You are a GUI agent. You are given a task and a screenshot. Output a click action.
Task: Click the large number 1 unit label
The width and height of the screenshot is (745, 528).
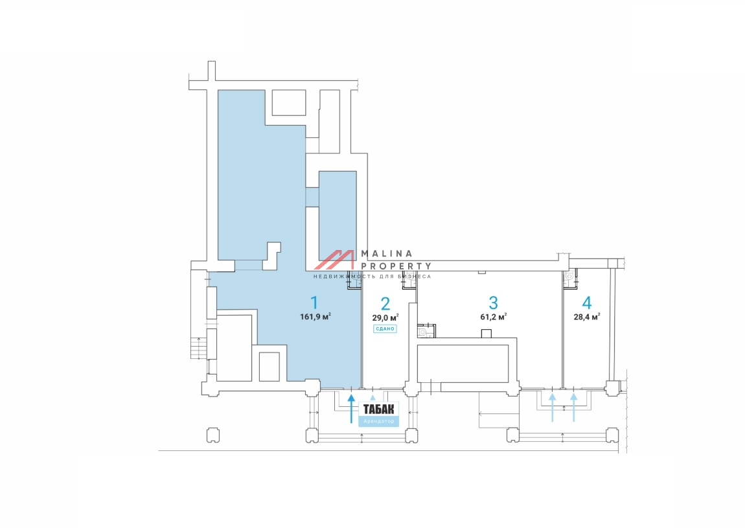tap(315, 302)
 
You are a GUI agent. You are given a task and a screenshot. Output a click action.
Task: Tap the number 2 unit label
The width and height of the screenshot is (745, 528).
tap(385, 303)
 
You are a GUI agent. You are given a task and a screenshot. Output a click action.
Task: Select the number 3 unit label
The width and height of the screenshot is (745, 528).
tap(493, 302)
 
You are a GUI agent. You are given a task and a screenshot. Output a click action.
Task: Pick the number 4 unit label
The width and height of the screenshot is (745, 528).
tap(587, 302)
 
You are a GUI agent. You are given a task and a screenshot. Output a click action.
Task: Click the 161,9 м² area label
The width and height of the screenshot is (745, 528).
tap(316, 317)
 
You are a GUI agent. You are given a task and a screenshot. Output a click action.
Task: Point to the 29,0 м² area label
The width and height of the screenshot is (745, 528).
tap(385, 317)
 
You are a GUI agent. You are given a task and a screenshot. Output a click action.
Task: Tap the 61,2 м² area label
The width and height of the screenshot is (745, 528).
tap(493, 317)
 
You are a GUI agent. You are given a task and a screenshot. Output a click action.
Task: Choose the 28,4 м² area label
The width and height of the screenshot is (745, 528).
tap(587, 317)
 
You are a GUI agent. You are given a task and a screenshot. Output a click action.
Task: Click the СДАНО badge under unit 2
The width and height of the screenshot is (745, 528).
tap(385, 329)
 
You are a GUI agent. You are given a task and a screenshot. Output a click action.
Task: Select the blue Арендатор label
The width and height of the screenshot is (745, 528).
tap(378, 421)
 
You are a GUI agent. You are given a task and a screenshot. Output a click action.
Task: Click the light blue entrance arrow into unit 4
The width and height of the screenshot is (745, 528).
tap(573, 406)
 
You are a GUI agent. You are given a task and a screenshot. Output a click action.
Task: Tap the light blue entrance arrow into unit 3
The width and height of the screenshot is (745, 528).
tap(553, 406)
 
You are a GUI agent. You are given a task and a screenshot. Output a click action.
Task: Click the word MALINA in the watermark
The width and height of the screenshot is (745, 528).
tap(386, 254)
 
